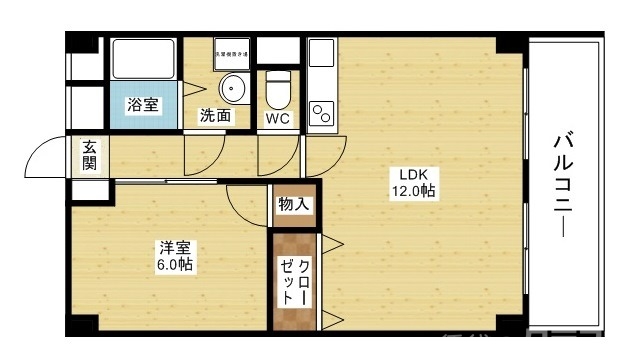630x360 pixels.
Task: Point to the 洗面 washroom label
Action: (x=216, y=116)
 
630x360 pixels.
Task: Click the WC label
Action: (x=277, y=117)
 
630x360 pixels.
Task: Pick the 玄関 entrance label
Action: (x=89, y=156)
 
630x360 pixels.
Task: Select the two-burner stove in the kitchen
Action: (x=322, y=112)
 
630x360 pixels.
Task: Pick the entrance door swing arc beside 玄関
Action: (x=45, y=158)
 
